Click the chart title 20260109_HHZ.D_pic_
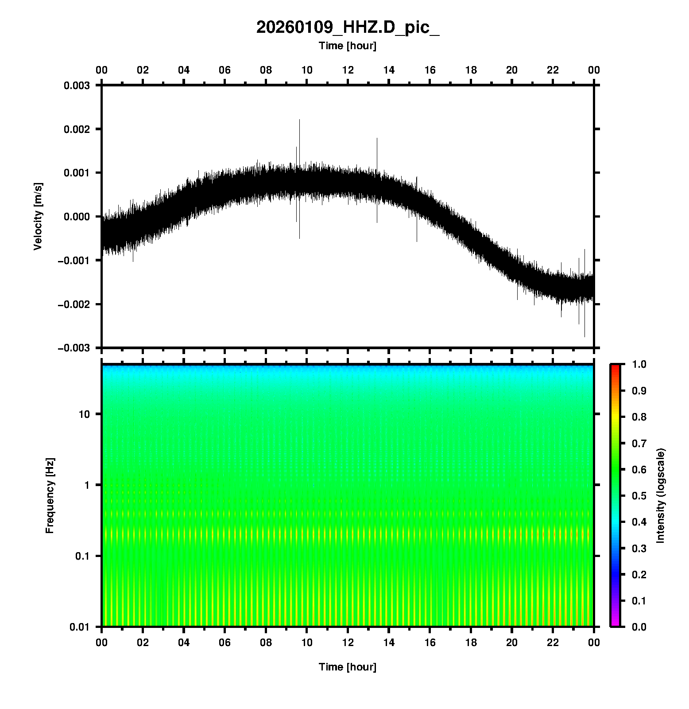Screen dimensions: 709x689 [348, 27]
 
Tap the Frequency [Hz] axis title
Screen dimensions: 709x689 [50, 496]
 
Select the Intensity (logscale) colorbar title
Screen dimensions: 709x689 [661, 495]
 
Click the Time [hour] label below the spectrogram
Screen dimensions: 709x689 [348, 667]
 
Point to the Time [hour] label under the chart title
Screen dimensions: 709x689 [348, 46]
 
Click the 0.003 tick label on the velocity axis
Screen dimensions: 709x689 [77, 86]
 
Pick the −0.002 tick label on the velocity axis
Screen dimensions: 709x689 [74, 304]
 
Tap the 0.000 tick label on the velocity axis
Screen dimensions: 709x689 [77, 217]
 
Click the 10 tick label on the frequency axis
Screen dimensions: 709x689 [84, 414]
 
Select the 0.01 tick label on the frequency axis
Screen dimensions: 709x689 [80, 627]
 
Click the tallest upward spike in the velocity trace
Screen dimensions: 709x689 [299, 121]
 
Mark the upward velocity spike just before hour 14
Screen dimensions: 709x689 [377, 139]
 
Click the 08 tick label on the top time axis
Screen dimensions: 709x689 [266, 70]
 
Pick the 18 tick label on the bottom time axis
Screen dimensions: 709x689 [471, 643]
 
